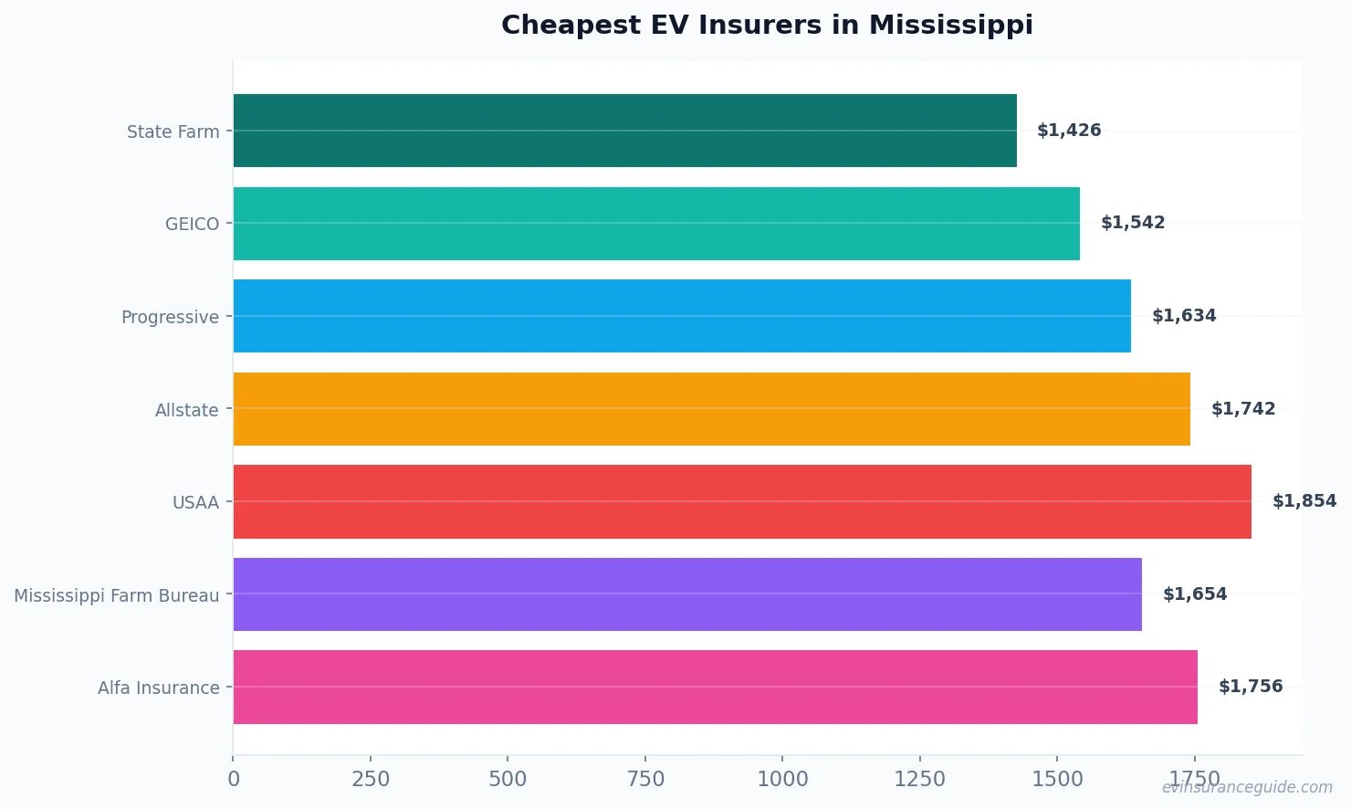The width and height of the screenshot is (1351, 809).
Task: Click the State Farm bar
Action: pyautogui.click(x=624, y=131)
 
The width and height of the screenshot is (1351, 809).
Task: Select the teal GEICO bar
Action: pyautogui.click(x=656, y=224)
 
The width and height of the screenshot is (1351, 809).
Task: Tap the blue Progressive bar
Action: pyautogui.click(x=682, y=316)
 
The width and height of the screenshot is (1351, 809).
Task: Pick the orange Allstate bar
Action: pyautogui.click(x=711, y=409)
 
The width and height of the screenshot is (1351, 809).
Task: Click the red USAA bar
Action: pyautogui.click(x=742, y=501)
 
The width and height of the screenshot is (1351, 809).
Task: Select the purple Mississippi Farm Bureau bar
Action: pyautogui.click(x=687, y=594)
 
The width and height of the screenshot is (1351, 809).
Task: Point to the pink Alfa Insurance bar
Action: pyautogui.click(x=715, y=687)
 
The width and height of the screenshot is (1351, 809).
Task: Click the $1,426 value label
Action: pyautogui.click(x=1069, y=131)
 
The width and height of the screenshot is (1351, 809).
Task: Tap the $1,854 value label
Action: pyautogui.click(x=1304, y=501)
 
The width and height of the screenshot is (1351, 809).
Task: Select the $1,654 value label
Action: pyautogui.click(x=1194, y=594)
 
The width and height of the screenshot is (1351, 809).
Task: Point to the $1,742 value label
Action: pyautogui.click(x=1242, y=409)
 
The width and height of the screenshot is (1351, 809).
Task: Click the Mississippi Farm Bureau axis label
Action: pyautogui.click(x=116, y=596)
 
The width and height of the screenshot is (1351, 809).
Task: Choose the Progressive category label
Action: pyautogui.click(x=170, y=318)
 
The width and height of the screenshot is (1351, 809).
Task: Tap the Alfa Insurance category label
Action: pyautogui.click(x=158, y=688)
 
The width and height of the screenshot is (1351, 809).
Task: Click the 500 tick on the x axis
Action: pyautogui.click(x=508, y=779)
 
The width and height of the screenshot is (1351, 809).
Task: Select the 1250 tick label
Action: pyautogui.click(x=919, y=779)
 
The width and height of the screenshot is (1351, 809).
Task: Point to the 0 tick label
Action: pyautogui.click(x=234, y=779)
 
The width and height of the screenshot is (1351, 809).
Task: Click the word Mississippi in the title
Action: pyautogui.click(x=950, y=26)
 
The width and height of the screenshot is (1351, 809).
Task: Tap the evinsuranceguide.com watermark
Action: pyautogui.click(x=1247, y=787)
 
